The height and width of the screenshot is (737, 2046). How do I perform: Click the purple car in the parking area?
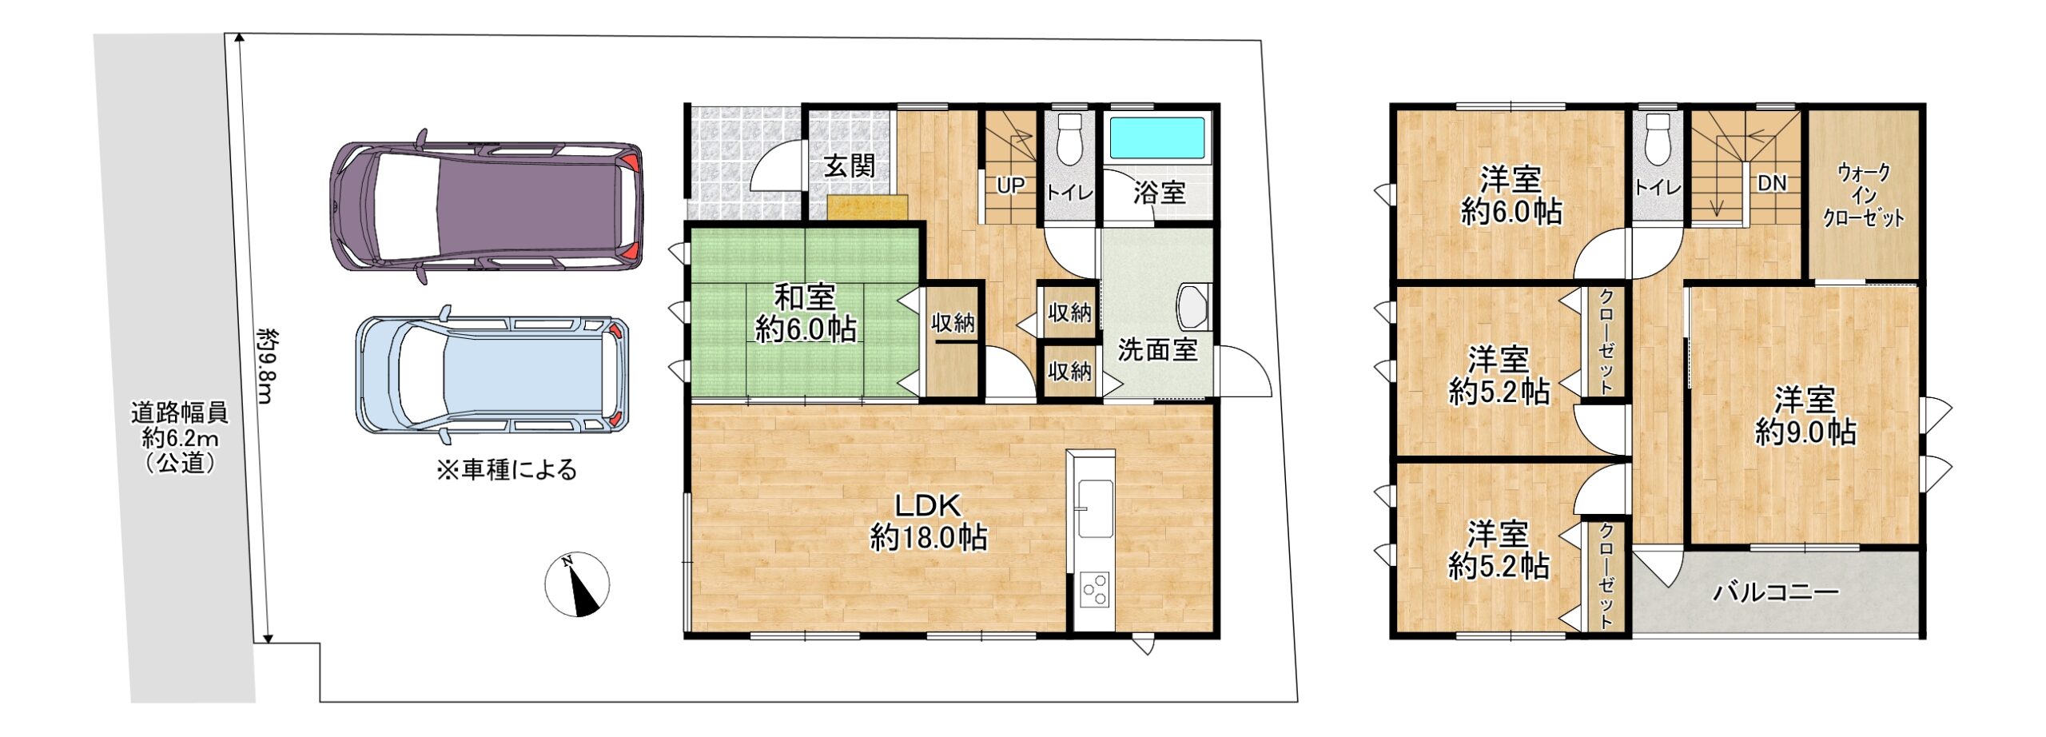(487, 207)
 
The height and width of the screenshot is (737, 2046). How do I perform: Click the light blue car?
(492, 375)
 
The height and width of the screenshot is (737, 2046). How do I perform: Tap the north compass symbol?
(577, 584)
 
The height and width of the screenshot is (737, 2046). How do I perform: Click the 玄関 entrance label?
(850, 166)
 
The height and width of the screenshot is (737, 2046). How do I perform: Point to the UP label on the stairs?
(1010, 185)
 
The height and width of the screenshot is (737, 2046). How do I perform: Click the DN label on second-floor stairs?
(1772, 183)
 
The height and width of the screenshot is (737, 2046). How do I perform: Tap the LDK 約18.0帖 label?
(928, 521)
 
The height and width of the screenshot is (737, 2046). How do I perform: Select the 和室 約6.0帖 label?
(806, 313)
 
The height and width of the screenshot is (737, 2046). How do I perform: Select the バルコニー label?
(1775, 592)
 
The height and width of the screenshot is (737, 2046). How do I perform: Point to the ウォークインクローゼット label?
(1864, 195)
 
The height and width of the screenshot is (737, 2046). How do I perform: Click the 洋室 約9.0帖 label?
(1805, 416)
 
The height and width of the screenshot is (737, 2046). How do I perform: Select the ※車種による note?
(506, 469)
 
